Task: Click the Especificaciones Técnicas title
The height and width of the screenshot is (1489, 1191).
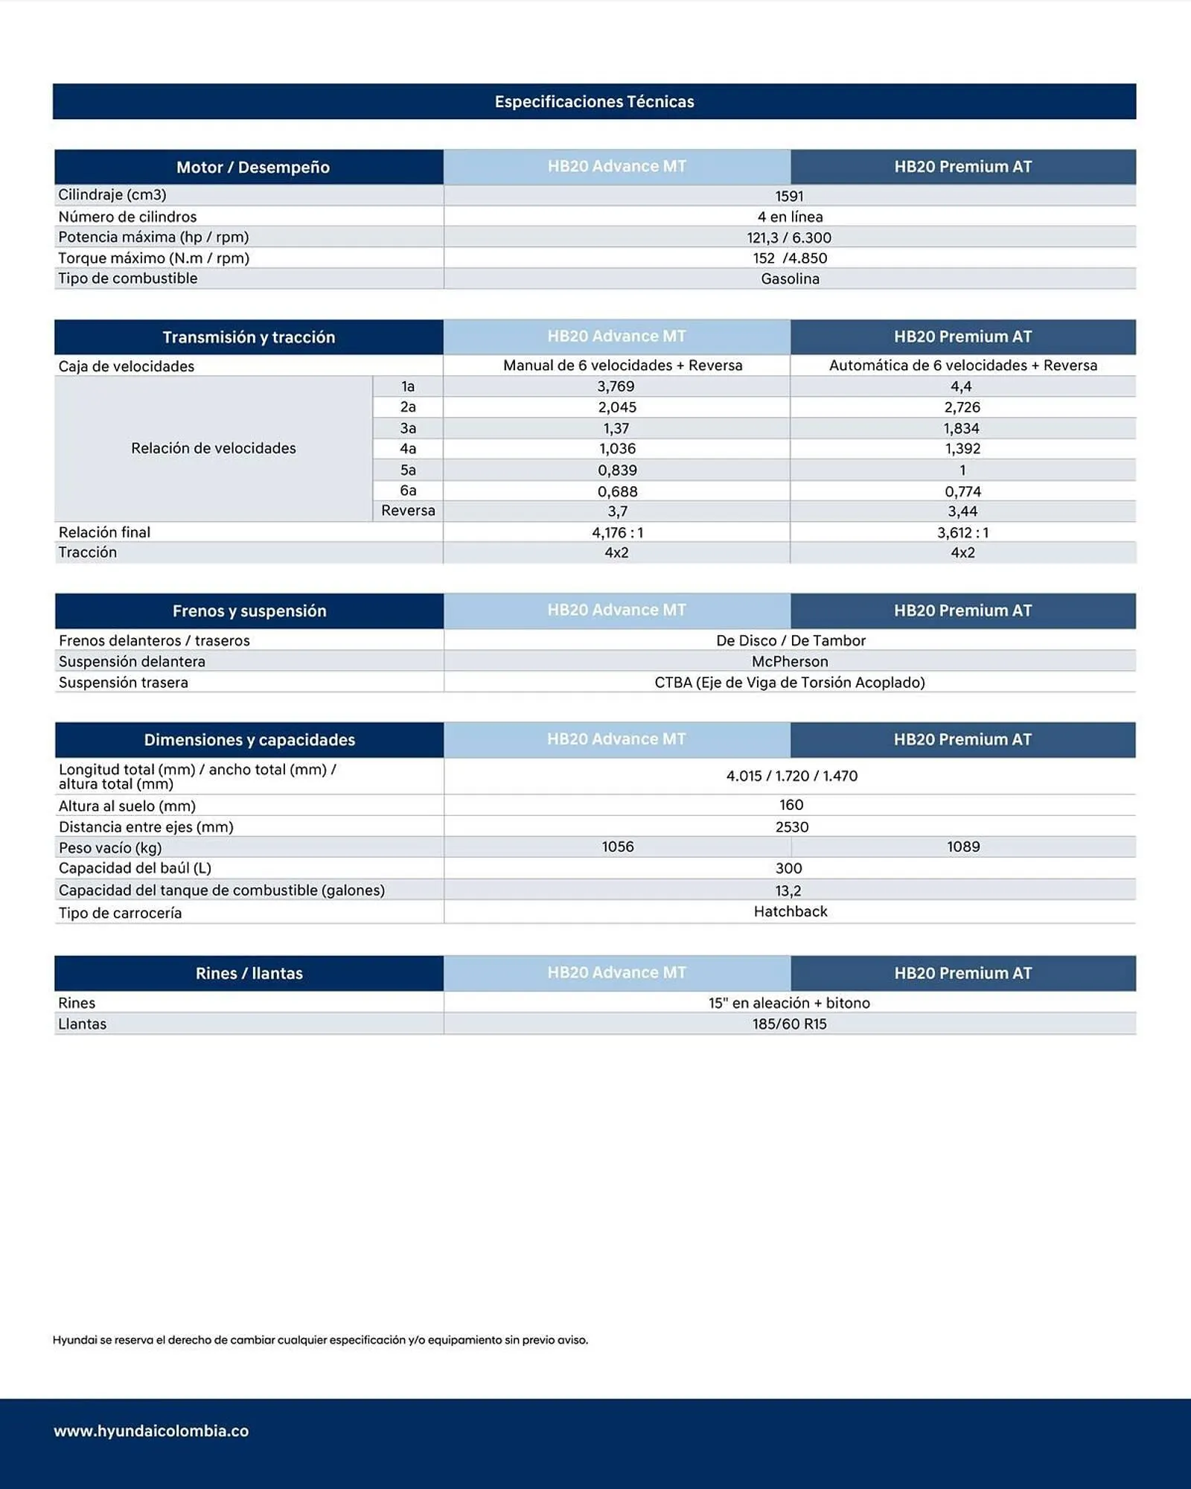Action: [594, 101]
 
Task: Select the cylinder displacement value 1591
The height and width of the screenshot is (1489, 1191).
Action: [789, 196]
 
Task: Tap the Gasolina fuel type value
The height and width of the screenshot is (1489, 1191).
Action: [790, 278]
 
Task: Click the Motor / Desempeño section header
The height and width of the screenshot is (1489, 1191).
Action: [252, 167]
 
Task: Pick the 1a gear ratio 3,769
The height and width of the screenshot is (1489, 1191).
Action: [616, 386]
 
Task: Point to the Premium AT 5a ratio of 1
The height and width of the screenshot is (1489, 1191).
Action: [962, 470]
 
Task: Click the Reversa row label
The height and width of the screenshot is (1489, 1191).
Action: [408, 511]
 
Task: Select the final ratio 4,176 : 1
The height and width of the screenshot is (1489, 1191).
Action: [617, 532]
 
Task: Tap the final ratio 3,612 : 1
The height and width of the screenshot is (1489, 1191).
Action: [962, 532]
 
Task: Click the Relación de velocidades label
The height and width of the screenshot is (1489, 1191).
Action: [213, 448]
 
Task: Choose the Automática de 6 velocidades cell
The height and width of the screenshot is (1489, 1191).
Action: [962, 365]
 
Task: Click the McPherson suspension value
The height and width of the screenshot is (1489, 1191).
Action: [790, 661]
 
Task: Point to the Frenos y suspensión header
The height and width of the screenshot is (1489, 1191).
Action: [249, 610]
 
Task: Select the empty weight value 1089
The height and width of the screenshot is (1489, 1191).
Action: [962, 846]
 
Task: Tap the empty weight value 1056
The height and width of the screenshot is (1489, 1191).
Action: [617, 846]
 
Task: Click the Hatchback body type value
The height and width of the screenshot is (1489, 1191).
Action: [790, 911]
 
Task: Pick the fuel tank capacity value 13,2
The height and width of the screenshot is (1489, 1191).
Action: [788, 890]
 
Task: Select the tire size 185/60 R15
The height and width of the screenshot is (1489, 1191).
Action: [789, 1024]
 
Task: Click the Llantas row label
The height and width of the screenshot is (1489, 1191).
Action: [82, 1024]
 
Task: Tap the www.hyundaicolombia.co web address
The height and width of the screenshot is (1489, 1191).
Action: [151, 1431]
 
